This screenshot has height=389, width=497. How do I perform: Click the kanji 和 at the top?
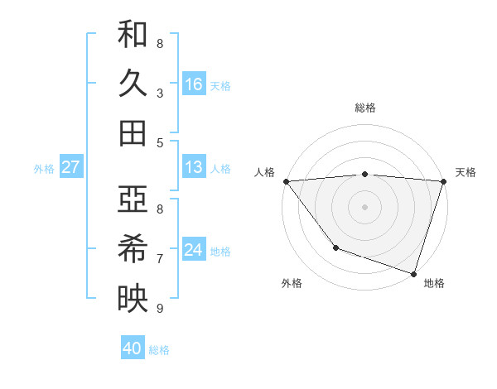[x=133, y=35]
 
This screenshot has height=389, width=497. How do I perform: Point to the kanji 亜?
[x=133, y=199]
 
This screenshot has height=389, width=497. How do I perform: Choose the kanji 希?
[x=133, y=248]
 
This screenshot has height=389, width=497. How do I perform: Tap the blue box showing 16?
[x=194, y=84]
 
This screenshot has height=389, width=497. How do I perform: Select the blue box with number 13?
[x=194, y=167]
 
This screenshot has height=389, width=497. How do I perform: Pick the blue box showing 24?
[x=194, y=250]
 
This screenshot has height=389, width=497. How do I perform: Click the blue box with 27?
[x=70, y=168]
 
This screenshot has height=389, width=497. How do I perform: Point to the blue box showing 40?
[x=133, y=348]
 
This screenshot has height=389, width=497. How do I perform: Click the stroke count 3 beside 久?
[x=160, y=93]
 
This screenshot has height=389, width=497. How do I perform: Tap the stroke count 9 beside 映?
[x=160, y=308]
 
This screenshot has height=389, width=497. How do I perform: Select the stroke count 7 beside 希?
[x=160, y=258]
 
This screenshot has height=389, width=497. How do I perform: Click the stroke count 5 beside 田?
[x=160, y=142]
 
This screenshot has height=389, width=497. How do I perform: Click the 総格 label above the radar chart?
[x=365, y=108]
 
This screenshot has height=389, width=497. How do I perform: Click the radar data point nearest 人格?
[x=286, y=181]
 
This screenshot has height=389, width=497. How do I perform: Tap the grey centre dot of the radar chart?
[x=364, y=207]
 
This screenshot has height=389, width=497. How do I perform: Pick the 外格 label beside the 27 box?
[x=44, y=169]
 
